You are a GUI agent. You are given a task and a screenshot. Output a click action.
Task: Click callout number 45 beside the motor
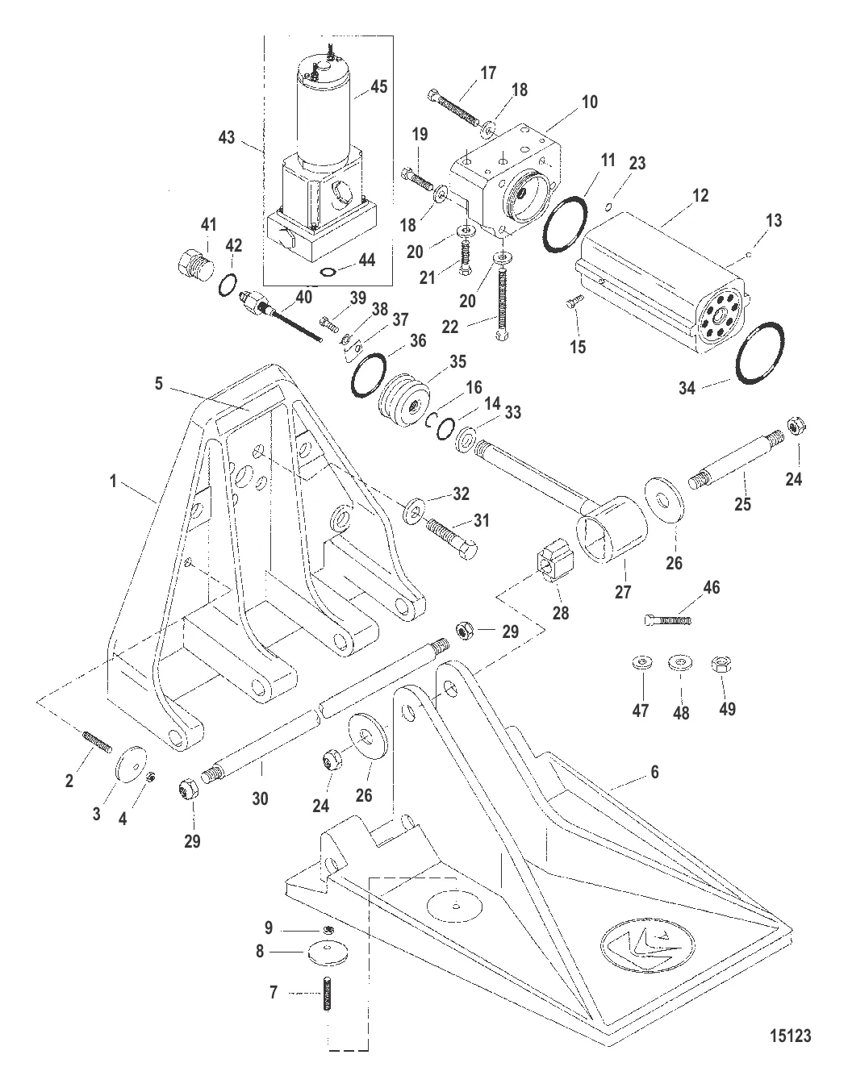[x=378, y=86]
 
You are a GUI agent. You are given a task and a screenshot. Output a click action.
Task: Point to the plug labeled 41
[x=191, y=262]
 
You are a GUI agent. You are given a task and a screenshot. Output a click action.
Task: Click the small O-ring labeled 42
[x=228, y=284]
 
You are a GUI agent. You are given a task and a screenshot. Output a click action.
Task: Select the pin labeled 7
[x=328, y=994]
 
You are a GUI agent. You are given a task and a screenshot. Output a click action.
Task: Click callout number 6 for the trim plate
[x=654, y=772]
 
